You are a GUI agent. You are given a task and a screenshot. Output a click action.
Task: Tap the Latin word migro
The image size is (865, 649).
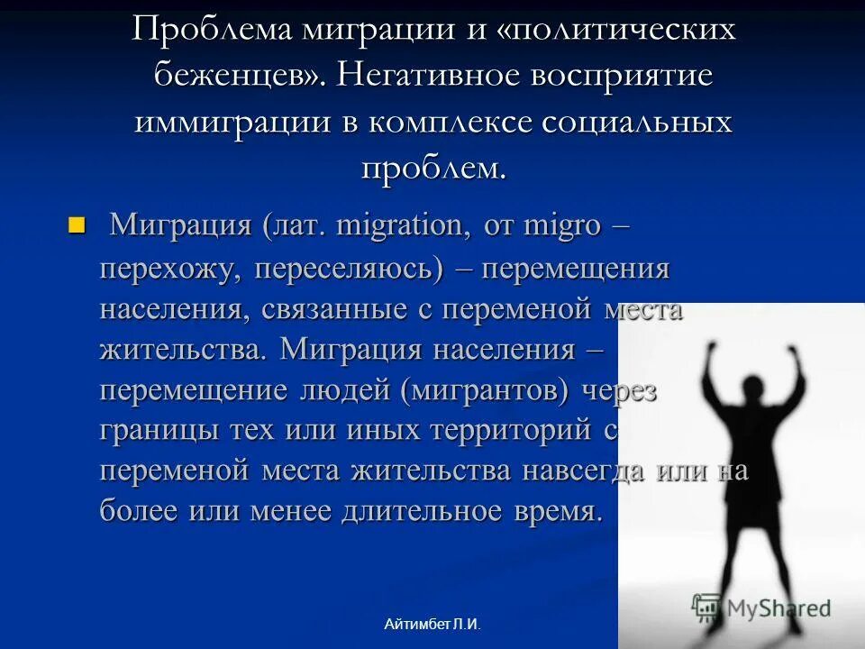tap(560, 225)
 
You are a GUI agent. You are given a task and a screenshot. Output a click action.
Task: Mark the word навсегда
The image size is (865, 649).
tap(592, 471)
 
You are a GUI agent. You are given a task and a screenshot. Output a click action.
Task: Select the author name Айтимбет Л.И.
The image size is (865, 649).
tap(432, 624)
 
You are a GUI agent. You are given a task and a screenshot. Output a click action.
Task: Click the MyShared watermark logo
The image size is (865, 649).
tap(761, 608)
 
